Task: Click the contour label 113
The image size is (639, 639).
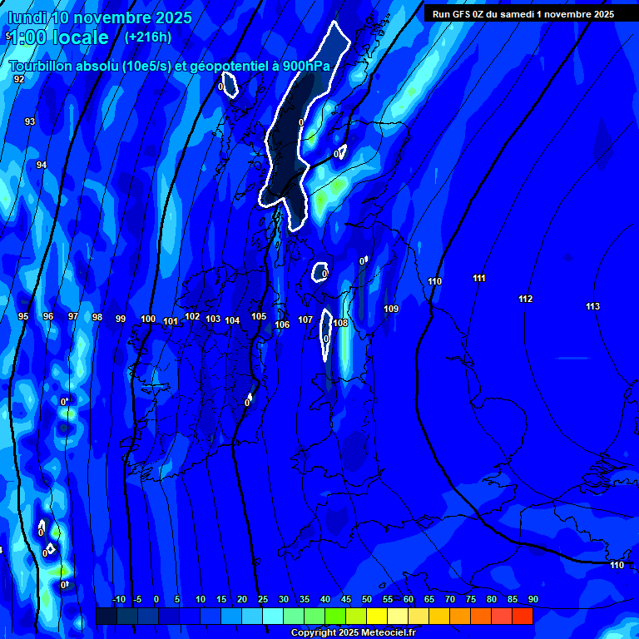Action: click(x=592, y=307)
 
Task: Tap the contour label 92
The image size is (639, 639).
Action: click(x=19, y=79)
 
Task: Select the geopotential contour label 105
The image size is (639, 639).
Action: click(x=259, y=317)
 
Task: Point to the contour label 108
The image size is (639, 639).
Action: click(x=340, y=323)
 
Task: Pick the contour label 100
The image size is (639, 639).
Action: click(x=148, y=319)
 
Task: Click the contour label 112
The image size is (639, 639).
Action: click(x=525, y=300)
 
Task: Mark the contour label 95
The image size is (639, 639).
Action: click(x=23, y=317)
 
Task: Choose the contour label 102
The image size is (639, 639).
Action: click(x=192, y=317)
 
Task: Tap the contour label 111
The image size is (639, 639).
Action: click(x=478, y=279)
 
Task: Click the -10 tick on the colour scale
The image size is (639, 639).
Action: click(x=118, y=600)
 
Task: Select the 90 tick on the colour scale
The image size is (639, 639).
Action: click(x=532, y=600)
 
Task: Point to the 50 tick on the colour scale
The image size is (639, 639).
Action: click(x=367, y=600)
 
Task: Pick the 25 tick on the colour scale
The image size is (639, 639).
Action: click(x=263, y=600)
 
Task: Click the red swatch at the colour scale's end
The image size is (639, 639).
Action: click(x=522, y=616)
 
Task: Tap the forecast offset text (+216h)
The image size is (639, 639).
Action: click(x=148, y=37)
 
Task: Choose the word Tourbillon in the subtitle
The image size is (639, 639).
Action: click(x=42, y=66)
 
